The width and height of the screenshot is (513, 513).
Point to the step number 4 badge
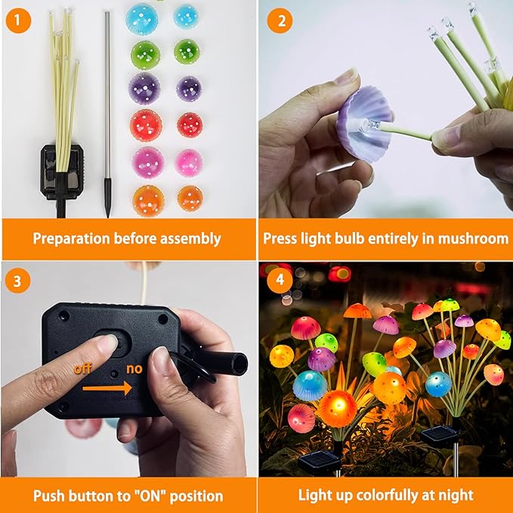pyautogui.click(x=281, y=280)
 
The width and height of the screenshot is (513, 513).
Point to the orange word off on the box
pyautogui.click(x=83, y=369)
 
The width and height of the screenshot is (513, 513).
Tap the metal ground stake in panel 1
pyautogui.click(x=107, y=113)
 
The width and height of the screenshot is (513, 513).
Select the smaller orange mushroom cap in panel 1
pyautogui.click(x=190, y=198)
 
